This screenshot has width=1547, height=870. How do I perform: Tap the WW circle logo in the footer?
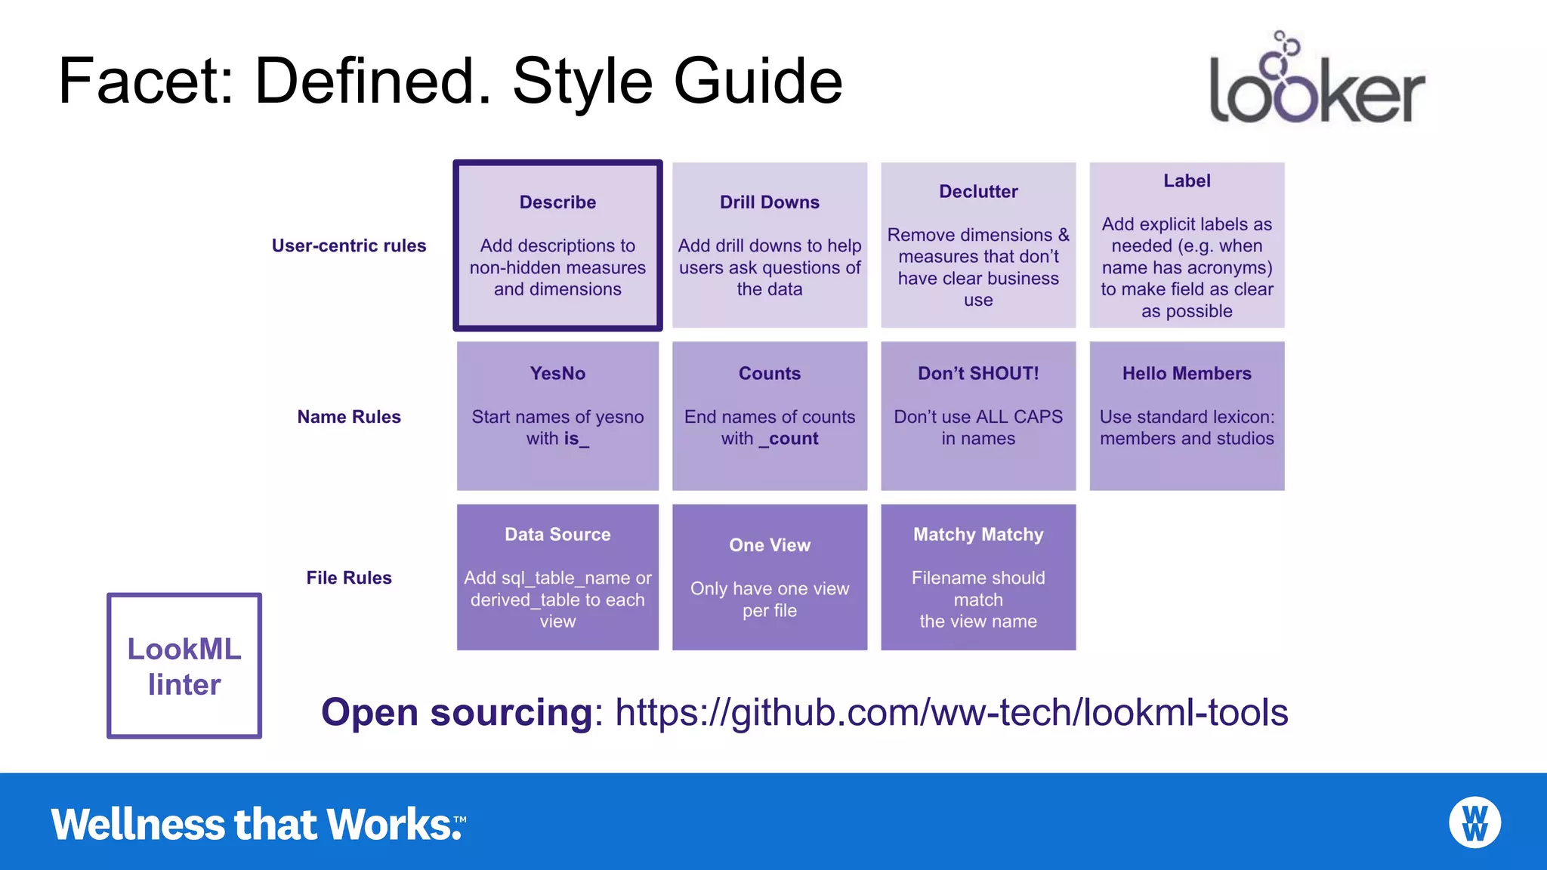click(1474, 822)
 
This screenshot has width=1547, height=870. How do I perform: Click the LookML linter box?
click(184, 666)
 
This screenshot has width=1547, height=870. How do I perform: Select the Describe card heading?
click(557, 202)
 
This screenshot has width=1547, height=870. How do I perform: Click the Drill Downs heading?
click(769, 202)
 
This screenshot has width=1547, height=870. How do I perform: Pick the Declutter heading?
click(978, 192)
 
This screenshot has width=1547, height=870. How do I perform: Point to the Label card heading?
click(1187, 181)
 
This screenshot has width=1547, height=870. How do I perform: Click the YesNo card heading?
click(557, 374)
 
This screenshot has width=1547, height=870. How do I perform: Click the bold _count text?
click(789, 439)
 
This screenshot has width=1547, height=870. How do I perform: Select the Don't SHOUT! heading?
click(978, 374)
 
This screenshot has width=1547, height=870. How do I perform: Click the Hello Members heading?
click(1187, 374)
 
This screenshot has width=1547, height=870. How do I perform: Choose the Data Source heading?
click(557, 535)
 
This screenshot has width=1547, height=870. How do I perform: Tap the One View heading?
click(769, 545)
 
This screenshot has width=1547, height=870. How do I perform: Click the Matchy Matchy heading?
click(978, 535)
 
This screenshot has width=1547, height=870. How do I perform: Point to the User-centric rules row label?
click(349, 246)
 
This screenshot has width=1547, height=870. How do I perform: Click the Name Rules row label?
click(349, 417)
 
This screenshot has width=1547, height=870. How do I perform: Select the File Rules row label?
click(349, 578)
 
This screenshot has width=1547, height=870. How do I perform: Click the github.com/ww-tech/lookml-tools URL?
click(951, 712)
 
